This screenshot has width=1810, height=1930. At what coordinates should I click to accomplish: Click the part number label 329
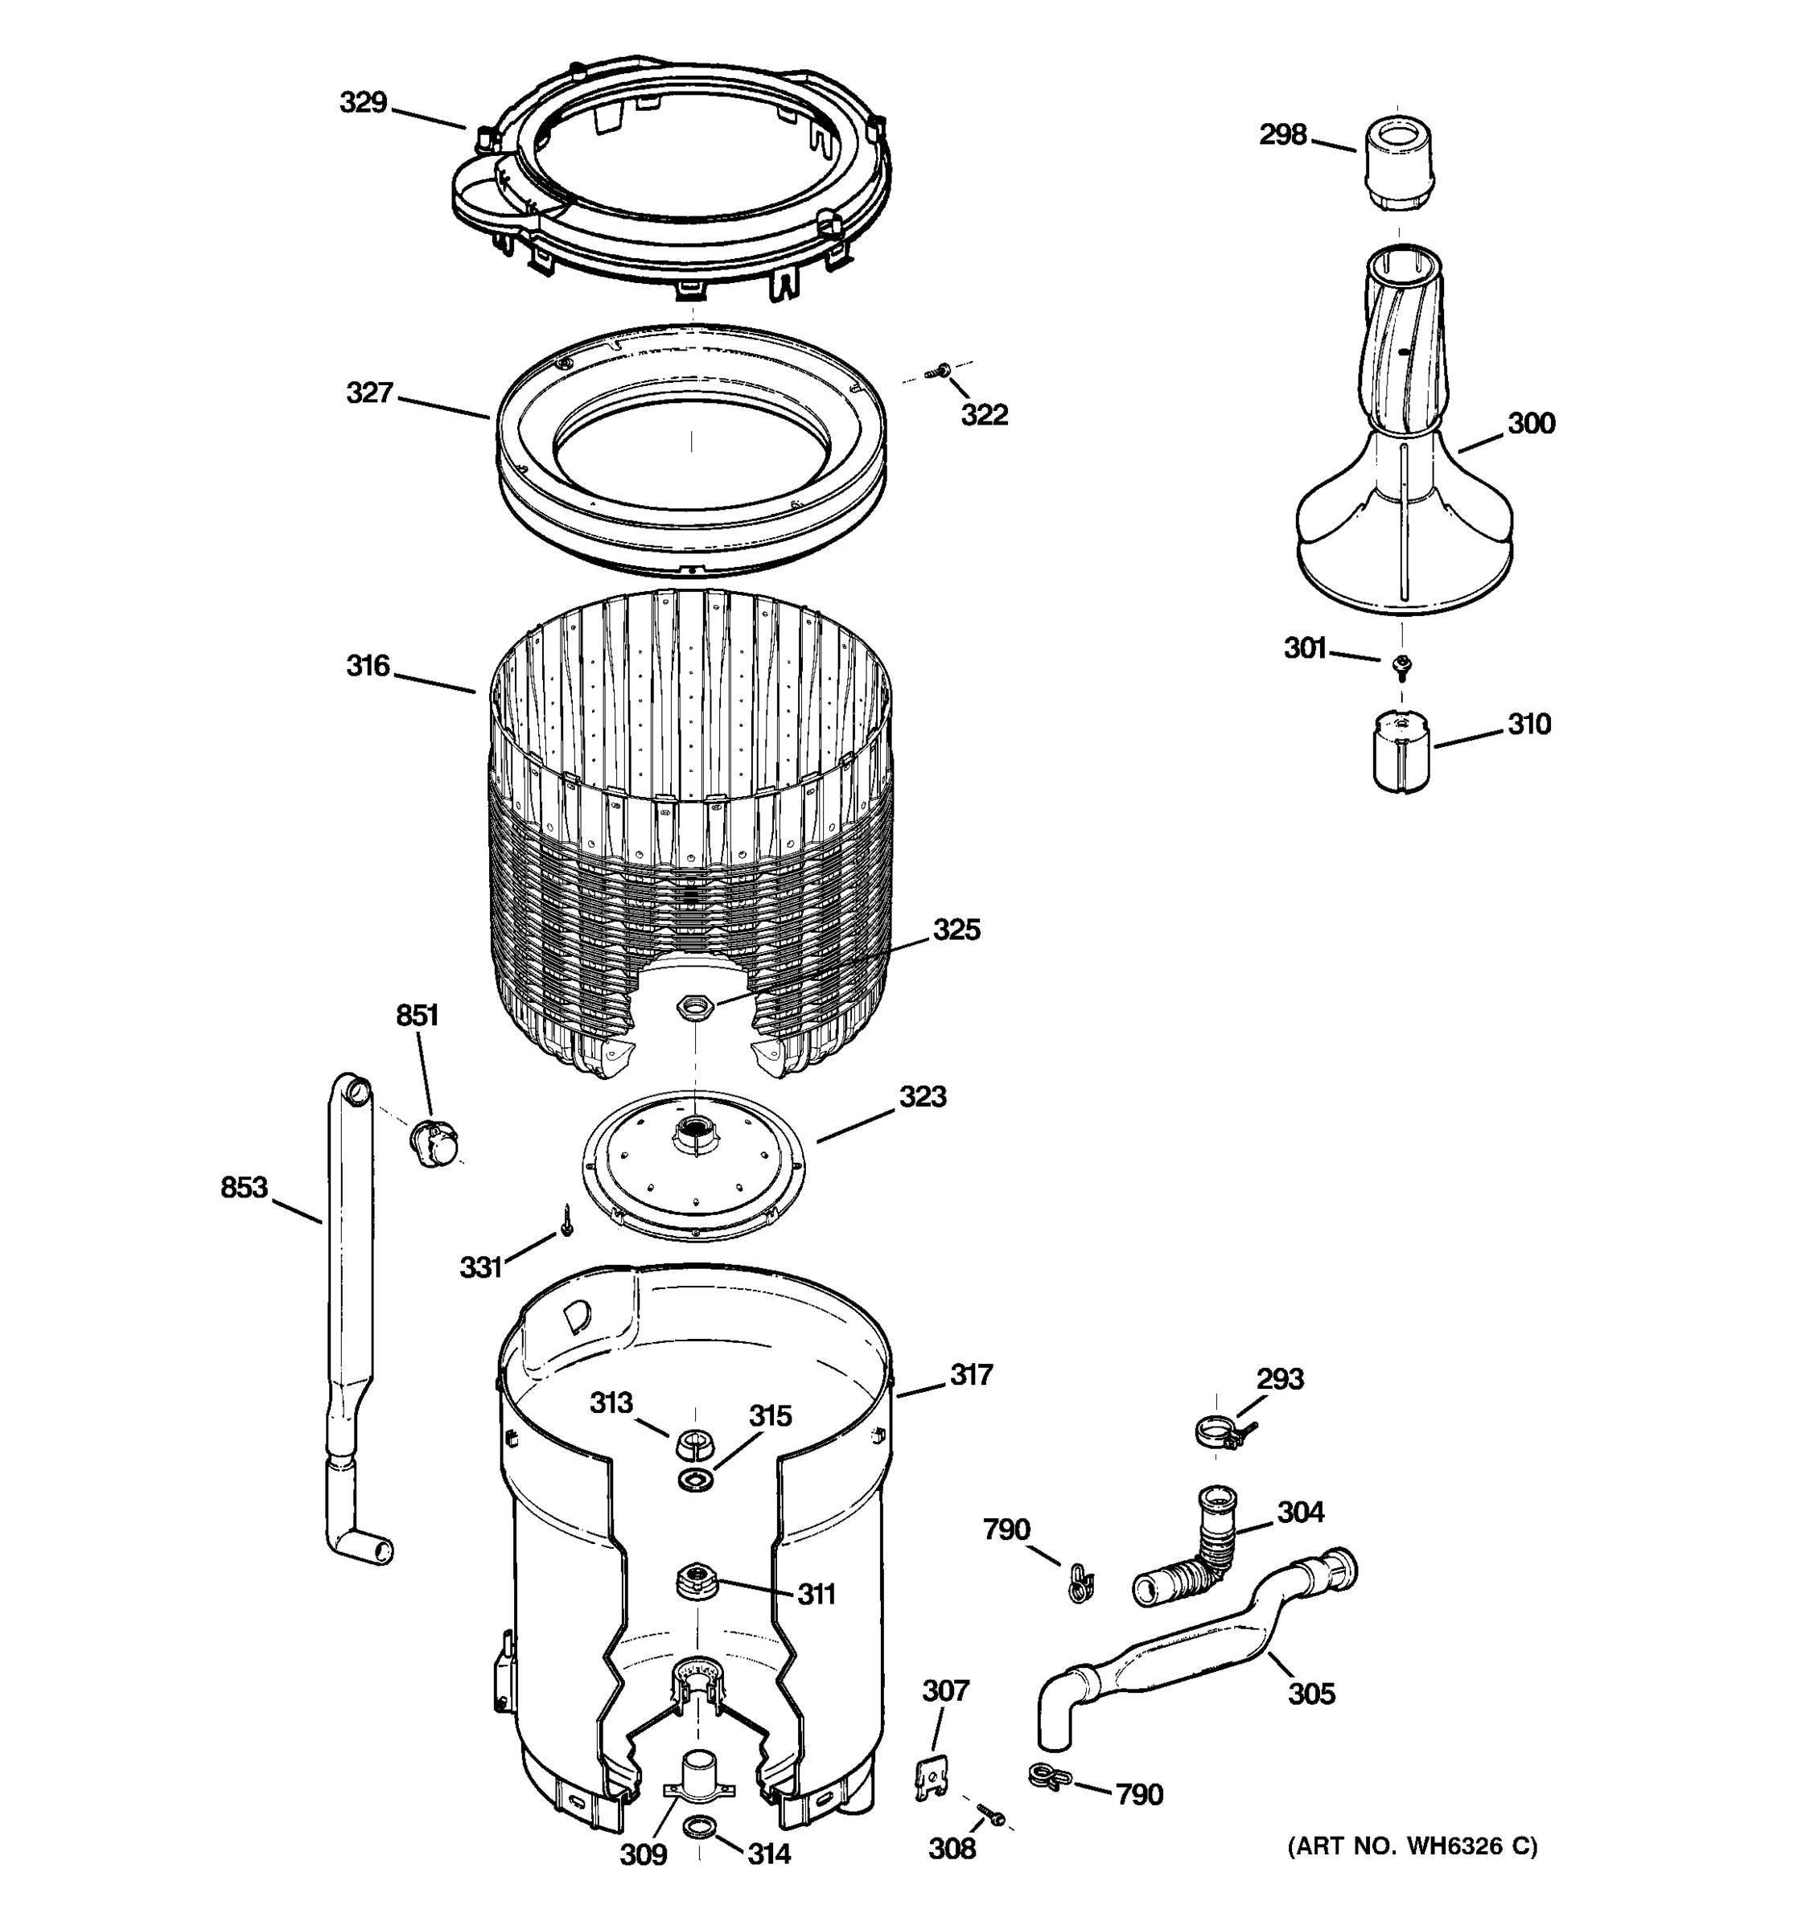[x=363, y=103]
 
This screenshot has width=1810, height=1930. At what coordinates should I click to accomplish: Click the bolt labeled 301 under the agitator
[x=1401, y=665]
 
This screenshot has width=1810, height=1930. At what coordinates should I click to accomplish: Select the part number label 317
[x=971, y=1374]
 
